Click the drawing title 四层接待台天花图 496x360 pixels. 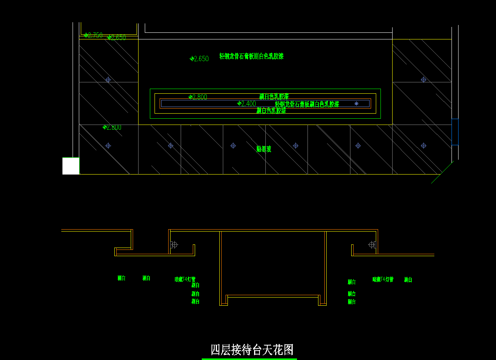coord(252,349)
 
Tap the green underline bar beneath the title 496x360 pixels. coord(249,359)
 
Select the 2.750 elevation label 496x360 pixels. coord(94,36)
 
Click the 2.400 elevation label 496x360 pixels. coord(247,104)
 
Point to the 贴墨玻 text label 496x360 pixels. coord(264,149)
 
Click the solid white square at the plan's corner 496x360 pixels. coord(71,166)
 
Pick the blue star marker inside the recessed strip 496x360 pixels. coord(356,103)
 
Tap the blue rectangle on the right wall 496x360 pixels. coord(455,132)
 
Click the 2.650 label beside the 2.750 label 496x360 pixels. coord(117,38)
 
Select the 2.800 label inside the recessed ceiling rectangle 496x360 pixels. coord(198,97)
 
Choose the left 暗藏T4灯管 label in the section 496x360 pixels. coord(185,280)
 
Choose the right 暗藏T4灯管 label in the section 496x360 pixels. coord(383,280)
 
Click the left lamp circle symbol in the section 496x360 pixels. coord(174,245)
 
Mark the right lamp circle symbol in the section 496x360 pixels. coord(372,245)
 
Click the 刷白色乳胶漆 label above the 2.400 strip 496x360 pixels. coord(274,96)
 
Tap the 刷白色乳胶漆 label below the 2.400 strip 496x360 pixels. coord(271,110)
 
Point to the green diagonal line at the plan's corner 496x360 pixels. coord(442,172)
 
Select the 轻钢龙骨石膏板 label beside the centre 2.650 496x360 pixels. coord(251,56)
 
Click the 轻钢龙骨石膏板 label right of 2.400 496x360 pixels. coord(307,104)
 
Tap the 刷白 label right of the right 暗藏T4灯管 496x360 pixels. coord(408,280)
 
